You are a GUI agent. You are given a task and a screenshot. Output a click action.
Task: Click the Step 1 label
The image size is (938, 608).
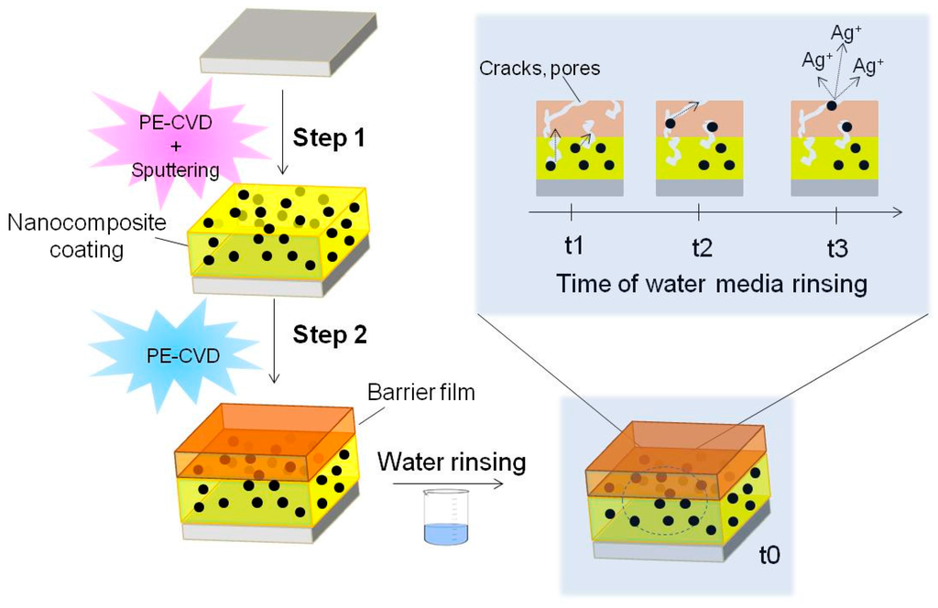click(x=329, y=138)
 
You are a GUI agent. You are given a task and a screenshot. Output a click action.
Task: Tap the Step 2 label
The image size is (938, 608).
click(x=329, y=333)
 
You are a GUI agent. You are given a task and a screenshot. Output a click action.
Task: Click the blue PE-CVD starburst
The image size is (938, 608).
click(x=173, y=353)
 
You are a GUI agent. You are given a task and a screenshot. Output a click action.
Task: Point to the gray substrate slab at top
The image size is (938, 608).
click(x=288, y=41)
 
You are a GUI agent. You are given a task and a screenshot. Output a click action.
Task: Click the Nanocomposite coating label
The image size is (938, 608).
click(x=69, y=235)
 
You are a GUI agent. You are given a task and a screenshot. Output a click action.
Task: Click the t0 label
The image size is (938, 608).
click(x=770, y=555)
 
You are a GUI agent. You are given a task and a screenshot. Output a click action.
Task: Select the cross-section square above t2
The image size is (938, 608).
click(x=700, y=147)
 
